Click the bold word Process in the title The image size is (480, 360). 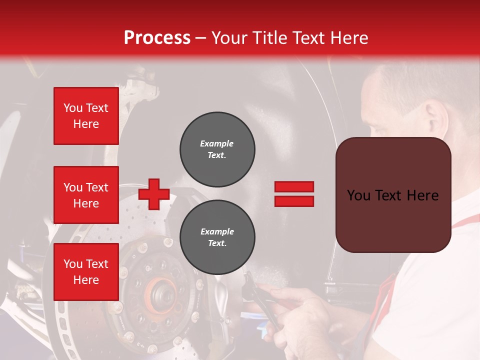click(x=157, y=38)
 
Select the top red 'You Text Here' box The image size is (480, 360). click(x=86, y=116)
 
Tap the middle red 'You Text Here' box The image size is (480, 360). click(x=86, y=195)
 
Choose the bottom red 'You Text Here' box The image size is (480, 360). click(x=86, y=272)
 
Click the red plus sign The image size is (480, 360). click(x=153, y=194)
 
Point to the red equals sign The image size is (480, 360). click(x=294, y=194)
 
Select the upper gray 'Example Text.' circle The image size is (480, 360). click(x=217, y=149)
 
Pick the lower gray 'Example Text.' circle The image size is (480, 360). click(x=217, y=237)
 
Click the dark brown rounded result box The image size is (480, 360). click(x=393, y=195)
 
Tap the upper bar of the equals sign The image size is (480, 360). click(x=294, y=186)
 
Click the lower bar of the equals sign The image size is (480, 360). click(x=294, y=201)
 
